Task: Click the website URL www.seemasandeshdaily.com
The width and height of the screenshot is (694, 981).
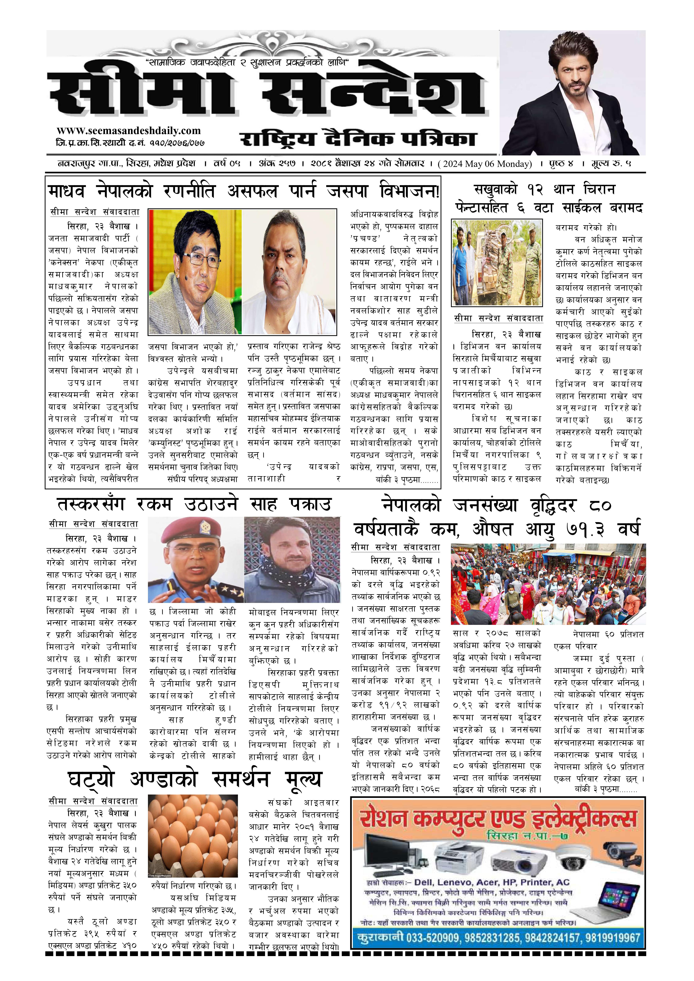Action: click(128, 131)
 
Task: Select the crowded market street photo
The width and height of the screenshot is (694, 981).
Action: click(548, 584)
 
